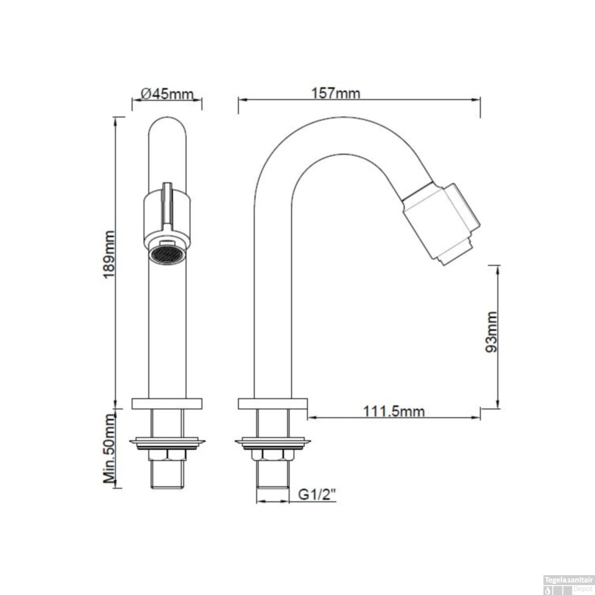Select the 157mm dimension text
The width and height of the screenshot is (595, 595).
point(336,93)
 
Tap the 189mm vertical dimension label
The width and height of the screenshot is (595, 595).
point(109,254)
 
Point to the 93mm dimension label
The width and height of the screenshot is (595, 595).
point(491,332)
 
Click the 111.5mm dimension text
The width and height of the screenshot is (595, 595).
point(394,411)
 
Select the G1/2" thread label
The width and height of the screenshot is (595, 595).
point(317,494)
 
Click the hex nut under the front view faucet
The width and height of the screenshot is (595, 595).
point(167,455)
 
